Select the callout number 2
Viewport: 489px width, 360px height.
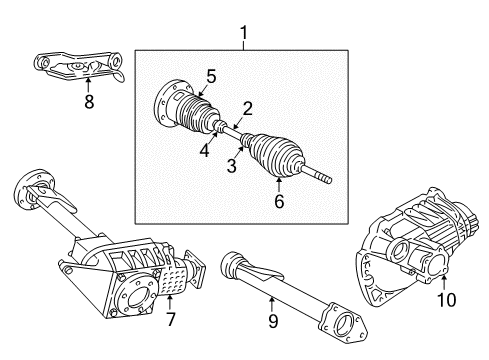click(246, 108)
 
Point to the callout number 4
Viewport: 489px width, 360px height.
click(205, 151)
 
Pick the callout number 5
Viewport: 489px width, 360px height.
click(212, 75)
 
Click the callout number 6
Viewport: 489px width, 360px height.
click(279, 202)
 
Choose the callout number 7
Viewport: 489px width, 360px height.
click(171, 319)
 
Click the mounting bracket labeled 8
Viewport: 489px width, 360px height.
click(78, 66)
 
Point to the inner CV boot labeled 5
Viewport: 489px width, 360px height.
click(196, 115)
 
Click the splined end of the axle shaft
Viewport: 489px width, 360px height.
click(323, 178)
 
